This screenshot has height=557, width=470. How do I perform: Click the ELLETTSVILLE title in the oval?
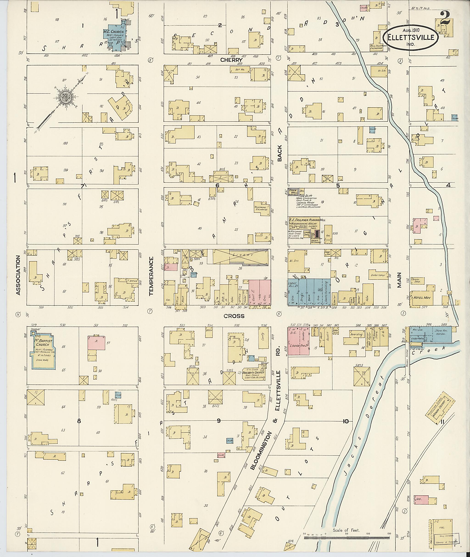[x=411, y=37]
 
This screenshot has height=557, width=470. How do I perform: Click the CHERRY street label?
[x=231, y=60]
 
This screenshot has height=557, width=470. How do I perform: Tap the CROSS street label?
[x=234, y=316]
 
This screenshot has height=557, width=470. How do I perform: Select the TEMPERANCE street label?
[x=151, y=276]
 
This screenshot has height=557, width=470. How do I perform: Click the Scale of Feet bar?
[x=346, y=538]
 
